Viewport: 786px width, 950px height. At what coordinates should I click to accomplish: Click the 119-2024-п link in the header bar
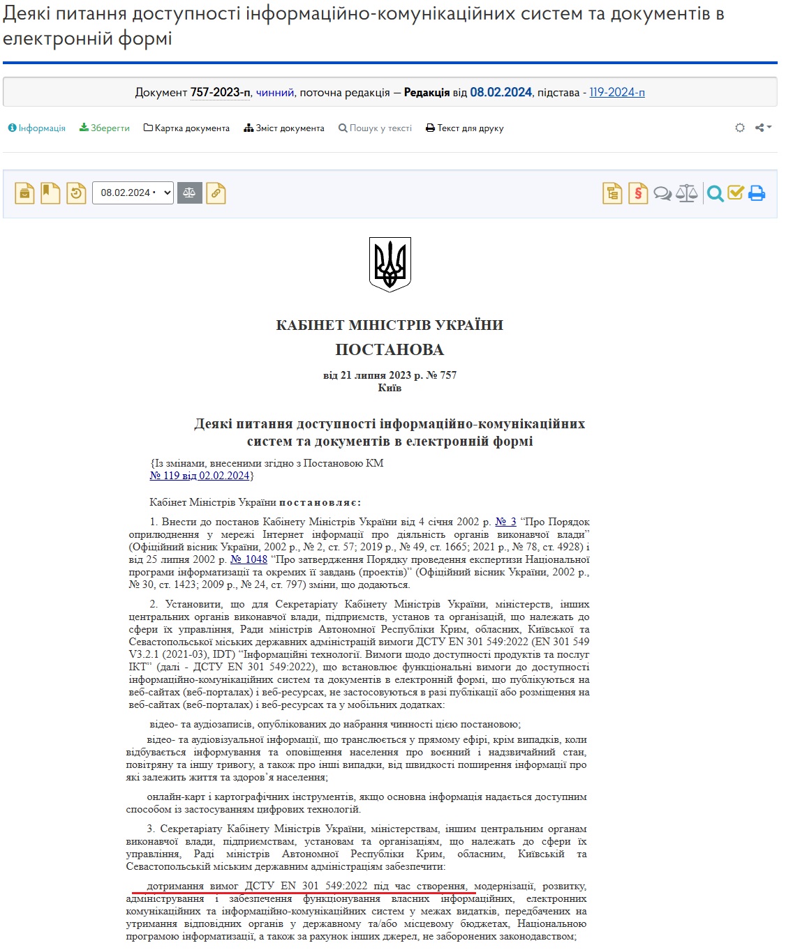pos(617,92)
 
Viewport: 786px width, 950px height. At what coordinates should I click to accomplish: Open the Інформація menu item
pos(37,128)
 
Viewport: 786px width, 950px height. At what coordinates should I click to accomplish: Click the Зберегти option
pos(105,128)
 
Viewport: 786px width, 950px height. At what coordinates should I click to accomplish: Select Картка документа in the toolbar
pos(186,128)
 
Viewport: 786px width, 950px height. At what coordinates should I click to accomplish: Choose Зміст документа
pos(284,128)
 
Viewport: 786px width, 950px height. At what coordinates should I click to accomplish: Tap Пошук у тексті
pos(376,128)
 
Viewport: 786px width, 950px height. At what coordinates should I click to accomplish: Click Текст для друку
pos(465,128)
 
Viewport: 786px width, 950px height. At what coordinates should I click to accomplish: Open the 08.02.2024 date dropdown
pos(133,193)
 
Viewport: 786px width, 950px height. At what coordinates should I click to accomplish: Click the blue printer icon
pos(757,193)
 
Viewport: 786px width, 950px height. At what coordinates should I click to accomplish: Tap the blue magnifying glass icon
pos(715,193)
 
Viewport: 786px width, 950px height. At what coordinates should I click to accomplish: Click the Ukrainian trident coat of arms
pos(390,264)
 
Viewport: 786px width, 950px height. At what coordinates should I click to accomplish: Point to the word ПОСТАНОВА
pos(390,349)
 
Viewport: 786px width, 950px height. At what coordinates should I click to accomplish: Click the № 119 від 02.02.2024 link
pos(200,476)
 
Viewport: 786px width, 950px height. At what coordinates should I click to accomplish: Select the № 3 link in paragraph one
pos(505,522)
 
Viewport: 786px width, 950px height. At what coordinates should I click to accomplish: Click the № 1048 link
pos(249,559)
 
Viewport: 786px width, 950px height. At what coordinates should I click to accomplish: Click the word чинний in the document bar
pos(275,92)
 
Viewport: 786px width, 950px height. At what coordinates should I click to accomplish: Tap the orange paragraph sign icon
pos(638,193)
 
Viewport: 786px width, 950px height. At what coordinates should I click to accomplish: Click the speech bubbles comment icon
pos(662,193)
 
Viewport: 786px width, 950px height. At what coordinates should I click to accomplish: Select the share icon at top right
pos(763,128)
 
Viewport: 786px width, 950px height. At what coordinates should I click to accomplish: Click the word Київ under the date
pos(390,388)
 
